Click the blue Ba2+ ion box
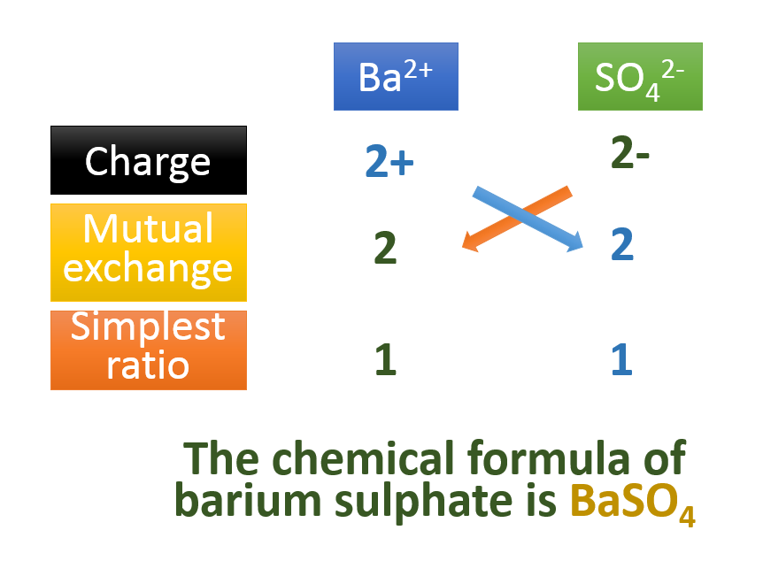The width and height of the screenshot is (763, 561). pyautogui.click(x=396, y=77)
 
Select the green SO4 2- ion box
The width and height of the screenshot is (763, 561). pyautogui.click(x=640, y=77)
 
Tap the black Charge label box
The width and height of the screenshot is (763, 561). pyautogui.click(x=149, y=160)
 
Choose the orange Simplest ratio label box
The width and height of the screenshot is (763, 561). pyautogui.click(x=149, y=350)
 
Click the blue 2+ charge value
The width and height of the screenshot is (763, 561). pyautogui.click(x=389, y=162)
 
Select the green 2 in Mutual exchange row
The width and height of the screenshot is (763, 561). pyautogui.click(x=385, y=250)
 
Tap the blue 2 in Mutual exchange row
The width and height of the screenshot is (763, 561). pyautogui.click(x=622, y=245)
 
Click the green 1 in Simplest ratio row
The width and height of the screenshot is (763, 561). pyautogui.click(x=385, y=360)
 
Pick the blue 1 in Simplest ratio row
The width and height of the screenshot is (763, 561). pyautogui.click(x=622, y=360)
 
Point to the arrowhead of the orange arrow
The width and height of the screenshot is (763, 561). pyautogui.click(x=470, y=245)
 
